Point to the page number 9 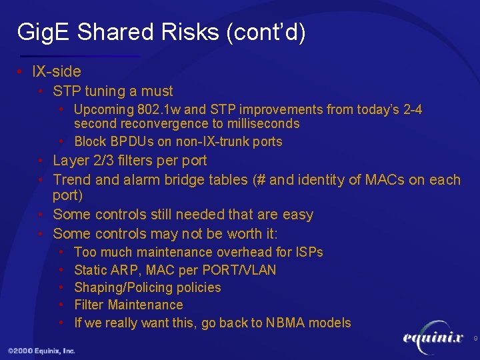click(x=475, y=339)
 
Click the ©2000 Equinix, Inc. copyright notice click(x=41, y=351)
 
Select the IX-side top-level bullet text click(x=57, y=71)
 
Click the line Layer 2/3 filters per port click(x=129, y=161)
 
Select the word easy click(x=297, y=215)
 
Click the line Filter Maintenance click(x=128, y=305)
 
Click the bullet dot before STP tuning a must click(x=42, y=91)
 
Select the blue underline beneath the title click(x=80, y=56)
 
